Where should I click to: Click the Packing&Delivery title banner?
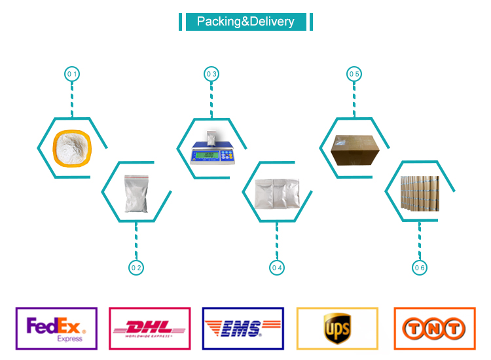pyautogui.click(x=245, y=22)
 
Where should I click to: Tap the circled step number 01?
pyautogui.click(x=71, y=74)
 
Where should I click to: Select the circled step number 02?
pyautogui.click(x=136, y=267)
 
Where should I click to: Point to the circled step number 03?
pyautogui.click(x=211, y=74)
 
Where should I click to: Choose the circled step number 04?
pyautogui.click(x=276, y=267)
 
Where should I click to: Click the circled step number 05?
pyautogui.click(x=354, y=74)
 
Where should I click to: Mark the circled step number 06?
pyautogui.click(x=420, y=267)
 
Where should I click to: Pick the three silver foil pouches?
pyautogui.click(x=277, y=193)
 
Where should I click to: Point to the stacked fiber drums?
pyautogui.click(x=420, y=193)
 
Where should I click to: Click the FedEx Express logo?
pyautogui.click(x=56, y=329)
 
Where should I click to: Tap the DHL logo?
pyautogui.click(x=150, y=329)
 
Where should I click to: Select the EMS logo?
pyautogui.click(x=243, y=329)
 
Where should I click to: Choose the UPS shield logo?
pyautogui.click(x=337, y=327)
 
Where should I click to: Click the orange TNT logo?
pyautogui.click(x=434, y=329)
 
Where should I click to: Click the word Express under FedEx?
pyautogui.click(x=69, y=338)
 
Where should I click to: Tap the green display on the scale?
pyautogui.click(x=208, y=155)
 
